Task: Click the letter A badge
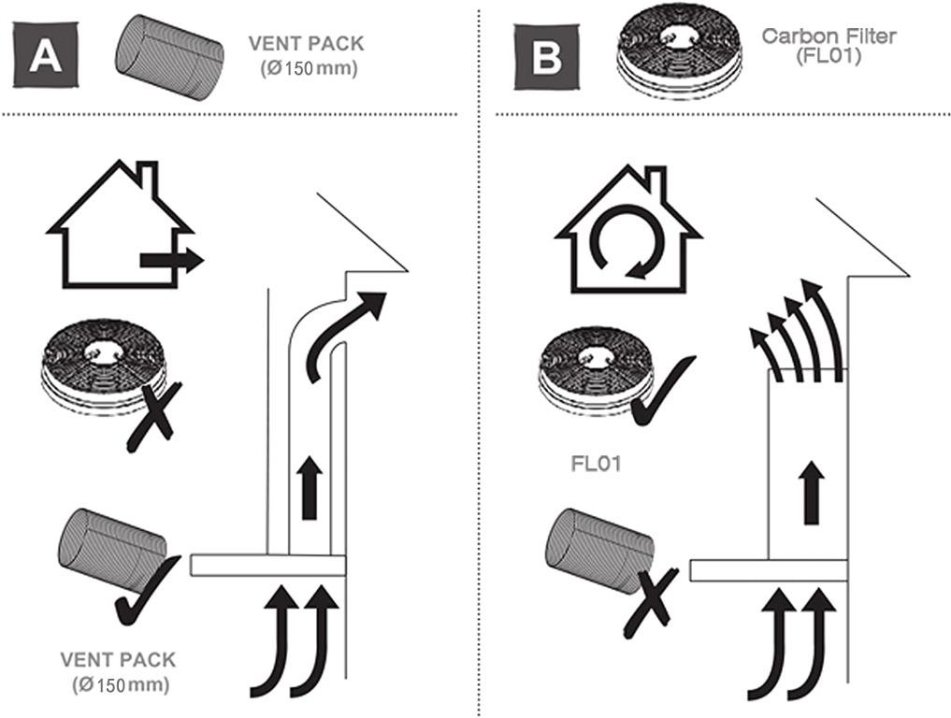(x=45, y=56)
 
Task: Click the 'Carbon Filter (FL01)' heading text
(x=829, y=45)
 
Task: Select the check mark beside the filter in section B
(x=661, y=392)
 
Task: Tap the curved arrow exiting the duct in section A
(x=346, y=332)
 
